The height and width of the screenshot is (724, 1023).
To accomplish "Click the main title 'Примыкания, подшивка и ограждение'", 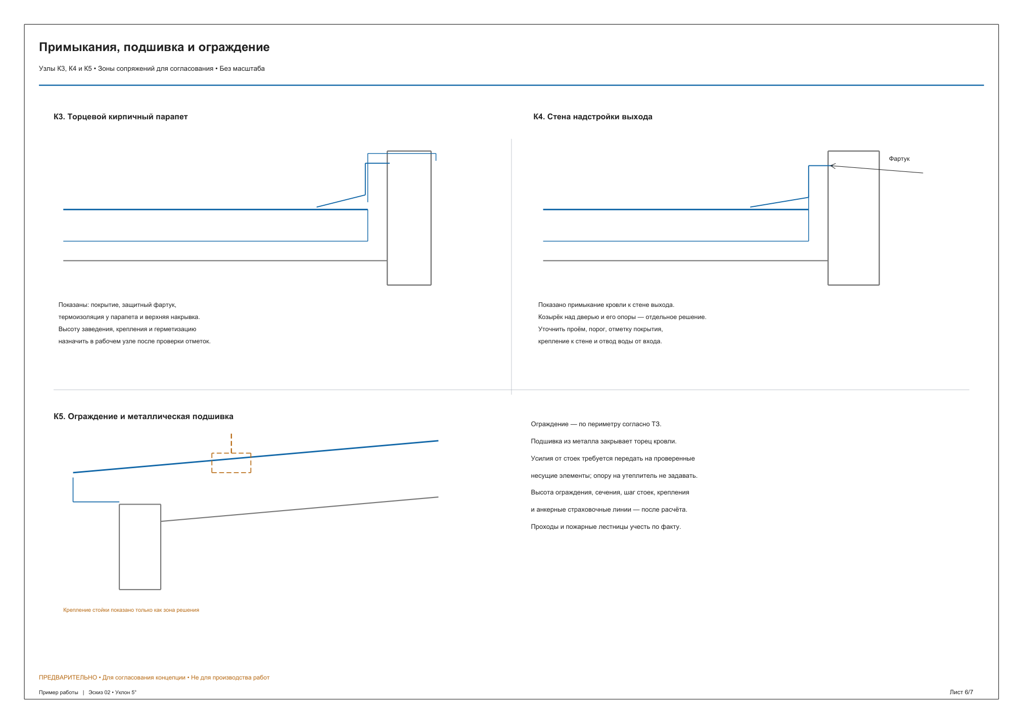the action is pos(154,48).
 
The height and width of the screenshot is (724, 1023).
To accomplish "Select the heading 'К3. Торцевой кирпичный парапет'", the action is pos(121,117).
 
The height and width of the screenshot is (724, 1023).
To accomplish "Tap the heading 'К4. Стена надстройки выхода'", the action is pos(593,117).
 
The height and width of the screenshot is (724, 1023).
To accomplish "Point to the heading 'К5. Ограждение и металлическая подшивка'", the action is pos(144,417).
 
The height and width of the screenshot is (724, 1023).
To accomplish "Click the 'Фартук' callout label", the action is pos(899,159).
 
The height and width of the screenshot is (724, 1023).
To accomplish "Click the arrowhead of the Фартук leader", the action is pos(831,166).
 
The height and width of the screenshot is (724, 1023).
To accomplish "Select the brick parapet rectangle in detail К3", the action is pos(387,218).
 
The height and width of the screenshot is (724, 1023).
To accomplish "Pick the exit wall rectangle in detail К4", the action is pos(828,218).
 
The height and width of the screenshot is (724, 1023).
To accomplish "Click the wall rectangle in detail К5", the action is pos(119,547).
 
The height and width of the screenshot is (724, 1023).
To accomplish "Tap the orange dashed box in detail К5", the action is pos(212,463).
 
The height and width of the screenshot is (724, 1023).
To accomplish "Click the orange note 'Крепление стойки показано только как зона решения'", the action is pos(131,610).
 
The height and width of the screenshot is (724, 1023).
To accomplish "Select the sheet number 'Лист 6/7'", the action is pos(961,692).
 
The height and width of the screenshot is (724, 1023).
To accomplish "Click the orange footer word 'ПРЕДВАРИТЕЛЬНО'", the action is pos(68,677).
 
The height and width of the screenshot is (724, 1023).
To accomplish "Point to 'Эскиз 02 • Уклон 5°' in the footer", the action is pos(112,693).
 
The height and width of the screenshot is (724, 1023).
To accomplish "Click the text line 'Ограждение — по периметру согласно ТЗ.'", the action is pos(596,424).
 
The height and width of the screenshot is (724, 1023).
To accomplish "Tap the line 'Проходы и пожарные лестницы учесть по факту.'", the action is pos(606,527).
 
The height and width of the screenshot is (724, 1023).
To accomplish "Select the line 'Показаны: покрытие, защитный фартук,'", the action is pos(117,305).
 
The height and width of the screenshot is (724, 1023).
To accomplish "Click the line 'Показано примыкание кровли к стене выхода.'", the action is pos(606,305).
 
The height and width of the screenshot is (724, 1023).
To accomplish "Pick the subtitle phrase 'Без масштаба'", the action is pos(242,69).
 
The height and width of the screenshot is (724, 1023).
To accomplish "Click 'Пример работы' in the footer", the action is pos(59,693).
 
